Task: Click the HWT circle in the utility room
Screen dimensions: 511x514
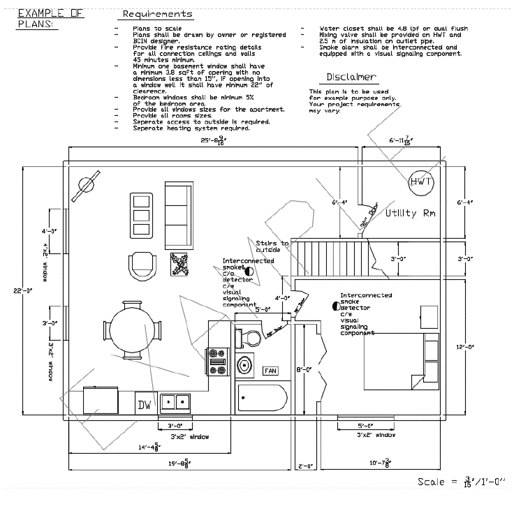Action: (422, 182)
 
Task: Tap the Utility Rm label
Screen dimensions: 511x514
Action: (411, 213)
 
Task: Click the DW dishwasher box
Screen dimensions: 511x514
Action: (145, 403)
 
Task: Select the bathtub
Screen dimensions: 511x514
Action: (262, 399)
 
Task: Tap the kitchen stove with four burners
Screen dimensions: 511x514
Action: (218, 362)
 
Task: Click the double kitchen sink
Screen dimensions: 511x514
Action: (175, 402)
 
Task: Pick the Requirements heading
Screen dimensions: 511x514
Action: (157, 14)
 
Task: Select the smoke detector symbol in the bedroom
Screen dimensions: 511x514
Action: (335, 306)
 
